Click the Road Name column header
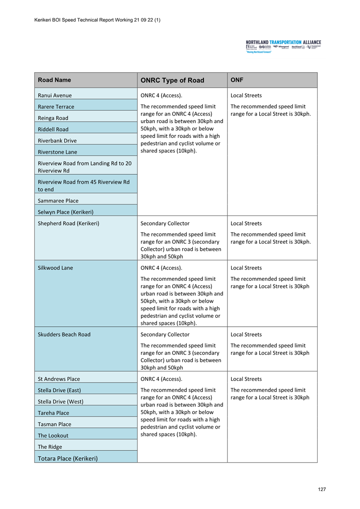54,80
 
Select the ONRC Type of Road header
172,81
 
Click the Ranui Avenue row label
55,95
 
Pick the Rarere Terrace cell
56,107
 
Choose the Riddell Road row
53,129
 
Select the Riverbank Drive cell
57,141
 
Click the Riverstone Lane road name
58,152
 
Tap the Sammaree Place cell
58,200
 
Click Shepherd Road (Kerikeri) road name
68,223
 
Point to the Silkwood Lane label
55,268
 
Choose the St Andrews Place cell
59,379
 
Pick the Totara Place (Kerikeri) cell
68,458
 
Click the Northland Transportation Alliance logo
283,46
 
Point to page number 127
322,489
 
